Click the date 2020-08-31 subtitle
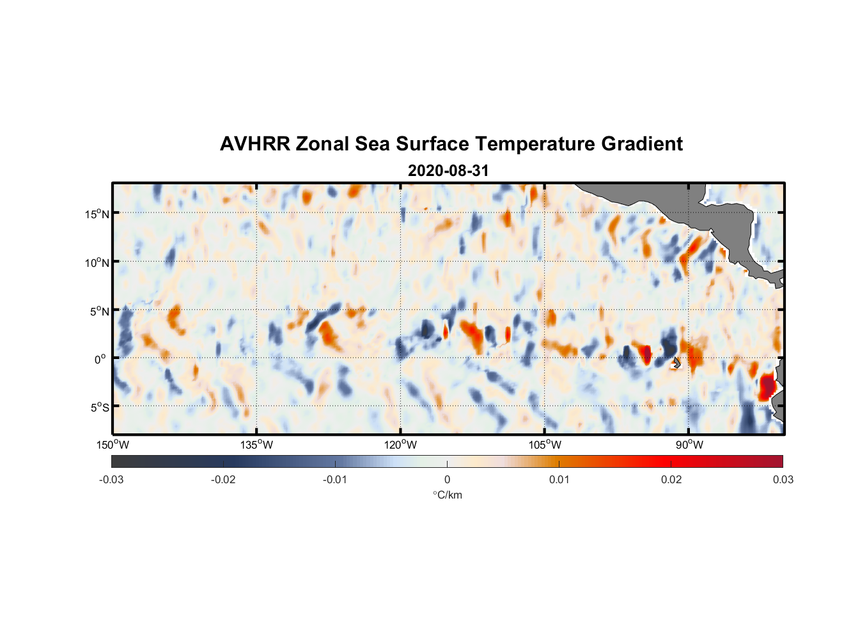click(x=448, y=171)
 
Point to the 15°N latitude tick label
click(x=97, y=214)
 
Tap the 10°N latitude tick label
click(x=97, y=262)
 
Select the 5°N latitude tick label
click(x=99, y=311)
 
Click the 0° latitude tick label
click(x=100, y=359)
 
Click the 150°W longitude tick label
click(x=113, y=445)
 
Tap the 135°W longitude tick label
click(x=256, y=445)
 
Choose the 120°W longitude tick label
click(x=400, y=445)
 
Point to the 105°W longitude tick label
click(x=545, y=445)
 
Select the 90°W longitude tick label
click(x=689, y=445)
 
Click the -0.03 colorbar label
click(x=111, y=480)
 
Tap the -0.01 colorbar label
click(x=335, y=480)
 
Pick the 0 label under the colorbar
click(x=447, y=480)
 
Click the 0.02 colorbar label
click(x=671, y=480)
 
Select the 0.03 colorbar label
click(x=783, y=480)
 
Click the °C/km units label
click(x=447, y=495)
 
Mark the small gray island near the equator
click(x=676, y=363)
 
